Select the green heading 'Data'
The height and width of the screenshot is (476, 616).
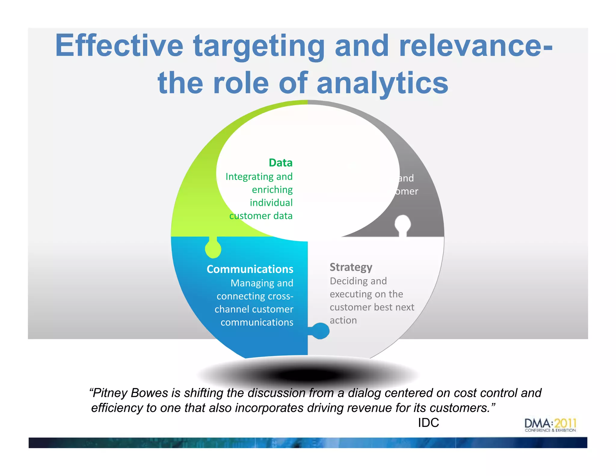coord(280,163)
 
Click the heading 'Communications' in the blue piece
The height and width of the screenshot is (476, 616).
coord(250,269)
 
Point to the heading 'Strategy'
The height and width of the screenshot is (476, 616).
coord(351,267)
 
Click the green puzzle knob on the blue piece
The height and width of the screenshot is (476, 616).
coord(213,249)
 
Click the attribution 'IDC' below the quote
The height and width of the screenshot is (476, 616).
coord(428,423)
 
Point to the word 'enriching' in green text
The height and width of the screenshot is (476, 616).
coord(272,190)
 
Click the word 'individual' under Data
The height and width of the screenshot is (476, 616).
coord(271,203)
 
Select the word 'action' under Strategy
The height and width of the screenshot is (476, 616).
coord(343,320)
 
